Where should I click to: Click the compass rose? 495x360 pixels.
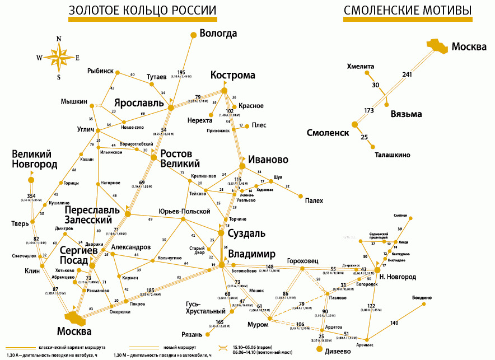click(58, 57)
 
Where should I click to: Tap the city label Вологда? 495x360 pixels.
click(218, 34)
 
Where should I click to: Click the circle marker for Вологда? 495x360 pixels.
click(194, 35)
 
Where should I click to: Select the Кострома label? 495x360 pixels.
click(232, 76)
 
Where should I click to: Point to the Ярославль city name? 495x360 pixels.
click(140, 104)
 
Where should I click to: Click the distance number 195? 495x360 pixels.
click(180, 72)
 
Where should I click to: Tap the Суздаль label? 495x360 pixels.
click(246, 233)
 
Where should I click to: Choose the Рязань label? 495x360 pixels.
click(200, 335)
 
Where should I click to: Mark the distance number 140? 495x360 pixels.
click(394, 323)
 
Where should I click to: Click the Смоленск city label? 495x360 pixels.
click(328, 133)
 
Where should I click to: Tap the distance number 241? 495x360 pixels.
click(407, 74)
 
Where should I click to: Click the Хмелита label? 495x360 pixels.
click(360, 66)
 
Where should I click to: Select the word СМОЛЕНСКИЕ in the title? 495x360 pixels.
click(381, 11)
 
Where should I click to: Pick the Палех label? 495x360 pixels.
click(314, 200)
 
